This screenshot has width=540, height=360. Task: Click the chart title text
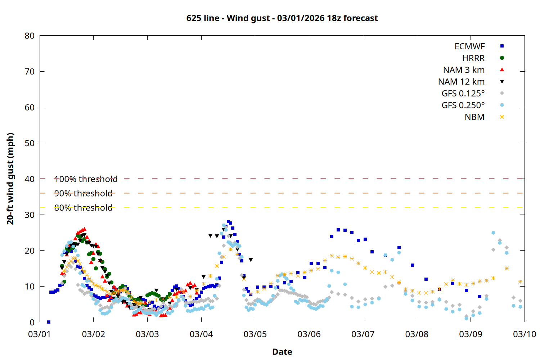[x=282, y=18]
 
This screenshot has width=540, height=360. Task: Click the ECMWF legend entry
[x=469, y=46]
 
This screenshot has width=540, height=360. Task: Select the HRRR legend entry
[x=473, y=58]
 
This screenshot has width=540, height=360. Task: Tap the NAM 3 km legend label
[x=464, y=70]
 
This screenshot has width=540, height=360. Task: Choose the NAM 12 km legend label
[x=461, y=82]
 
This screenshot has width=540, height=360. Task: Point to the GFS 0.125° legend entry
[x=463, y=94]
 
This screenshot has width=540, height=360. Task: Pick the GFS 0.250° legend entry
[x=463, y=105]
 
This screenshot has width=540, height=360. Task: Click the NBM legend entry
[x=474, y=117]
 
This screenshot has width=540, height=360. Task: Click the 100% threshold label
[x=86, y=179]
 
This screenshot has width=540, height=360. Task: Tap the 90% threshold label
[x=83, y=193]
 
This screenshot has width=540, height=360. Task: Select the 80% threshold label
[x=83, y=208]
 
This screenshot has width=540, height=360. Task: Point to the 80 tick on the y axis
[x=30, y=36]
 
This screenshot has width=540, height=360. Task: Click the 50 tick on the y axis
[x=30, y=143]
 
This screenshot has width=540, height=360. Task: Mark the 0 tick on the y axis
[x=32, y=322]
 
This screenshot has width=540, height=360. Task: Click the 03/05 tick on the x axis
[x=255, y=334]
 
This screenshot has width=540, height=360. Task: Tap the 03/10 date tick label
[x=524, y=334]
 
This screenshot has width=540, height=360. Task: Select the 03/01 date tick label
[x=40, y=334]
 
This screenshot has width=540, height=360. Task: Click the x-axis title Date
[x=282, y=352]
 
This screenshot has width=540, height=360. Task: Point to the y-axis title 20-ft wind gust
[x=10, y=179]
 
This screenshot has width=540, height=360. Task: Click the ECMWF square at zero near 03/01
[x=49, y=322]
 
